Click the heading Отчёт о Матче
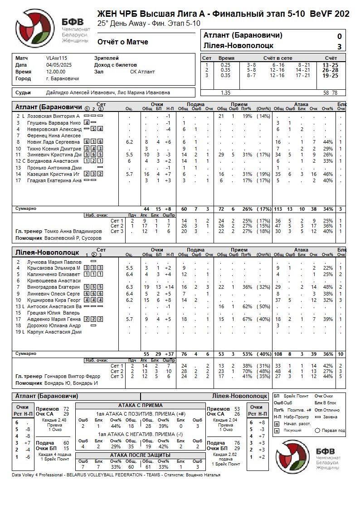point(122,42)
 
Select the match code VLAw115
point(56,58)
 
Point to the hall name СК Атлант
point(142,72)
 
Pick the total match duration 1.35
point(225,92)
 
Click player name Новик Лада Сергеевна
point(54,142)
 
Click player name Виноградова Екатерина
point(54,287)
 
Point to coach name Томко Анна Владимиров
point(73,231)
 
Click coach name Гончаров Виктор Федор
point(73,376)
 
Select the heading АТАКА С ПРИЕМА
point(140,405)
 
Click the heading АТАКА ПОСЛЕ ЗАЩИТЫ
point(140,455)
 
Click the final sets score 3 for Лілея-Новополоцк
point(339,46)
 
